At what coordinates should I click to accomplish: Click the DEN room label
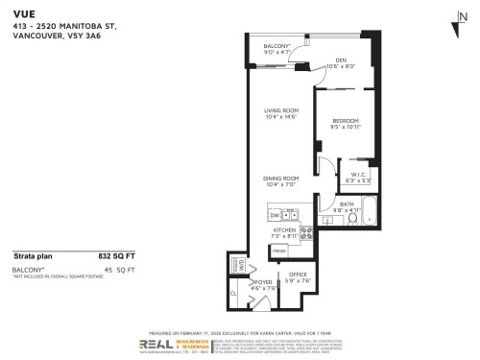point(341,60)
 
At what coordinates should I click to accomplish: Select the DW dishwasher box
point(274,216)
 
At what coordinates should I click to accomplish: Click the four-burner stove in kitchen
point(307,231)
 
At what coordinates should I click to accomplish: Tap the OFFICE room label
point(297,277)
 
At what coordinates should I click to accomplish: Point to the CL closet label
point(233,294)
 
